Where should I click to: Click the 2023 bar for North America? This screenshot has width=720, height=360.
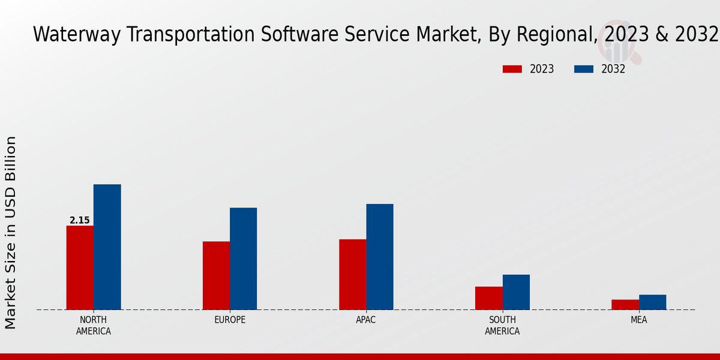[80, 268]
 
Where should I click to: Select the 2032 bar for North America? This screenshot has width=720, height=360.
[107, 247]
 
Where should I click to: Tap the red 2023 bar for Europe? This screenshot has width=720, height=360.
[216, 275]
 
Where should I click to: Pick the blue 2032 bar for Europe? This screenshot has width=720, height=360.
[243, 259]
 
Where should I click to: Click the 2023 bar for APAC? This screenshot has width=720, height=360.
[352, 274]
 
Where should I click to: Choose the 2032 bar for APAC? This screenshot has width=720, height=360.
[380, 257]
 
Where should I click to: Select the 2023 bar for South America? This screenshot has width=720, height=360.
[488, 298]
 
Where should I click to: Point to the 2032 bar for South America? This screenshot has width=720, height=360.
[516, 292]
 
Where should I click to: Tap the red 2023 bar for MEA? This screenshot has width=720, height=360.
[625, 305]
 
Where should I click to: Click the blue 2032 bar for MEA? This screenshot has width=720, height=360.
[652, 302]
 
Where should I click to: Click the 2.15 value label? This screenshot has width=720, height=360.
[80, 220]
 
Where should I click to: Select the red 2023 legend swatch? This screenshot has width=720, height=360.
[512, 69]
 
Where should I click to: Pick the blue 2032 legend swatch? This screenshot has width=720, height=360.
[584, 69]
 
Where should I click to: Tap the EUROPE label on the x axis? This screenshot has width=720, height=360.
[230, 320]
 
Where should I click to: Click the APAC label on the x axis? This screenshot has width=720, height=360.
[366, 320]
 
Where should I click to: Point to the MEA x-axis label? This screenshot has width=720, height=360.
[639, 320]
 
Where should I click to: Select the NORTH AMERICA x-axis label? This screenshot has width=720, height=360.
[94, 325]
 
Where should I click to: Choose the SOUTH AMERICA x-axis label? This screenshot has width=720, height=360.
[502, 325]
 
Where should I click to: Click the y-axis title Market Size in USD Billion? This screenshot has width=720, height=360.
[11, 232]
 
